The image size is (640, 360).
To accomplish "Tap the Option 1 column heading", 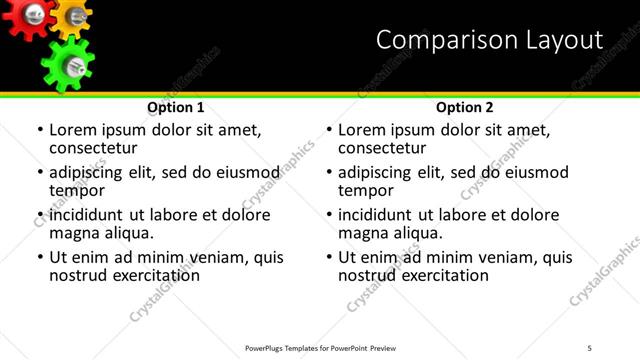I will coord(176,107).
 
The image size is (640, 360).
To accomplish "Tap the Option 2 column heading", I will coord(465,107).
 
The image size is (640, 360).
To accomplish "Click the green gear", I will coord(67,63).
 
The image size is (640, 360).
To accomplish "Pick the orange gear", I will coord(72,14).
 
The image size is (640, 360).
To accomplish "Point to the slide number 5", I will coord(590,347).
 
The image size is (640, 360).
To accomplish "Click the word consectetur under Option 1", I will coord(93,148).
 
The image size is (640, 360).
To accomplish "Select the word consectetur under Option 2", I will coord(382,148).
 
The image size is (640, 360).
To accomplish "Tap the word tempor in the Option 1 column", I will coord(77,190).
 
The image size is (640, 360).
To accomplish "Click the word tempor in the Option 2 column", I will coord(366,190).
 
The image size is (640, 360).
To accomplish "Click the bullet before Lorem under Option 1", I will coord(40,131).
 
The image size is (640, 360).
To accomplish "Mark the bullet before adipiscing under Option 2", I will coord(329,173).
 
